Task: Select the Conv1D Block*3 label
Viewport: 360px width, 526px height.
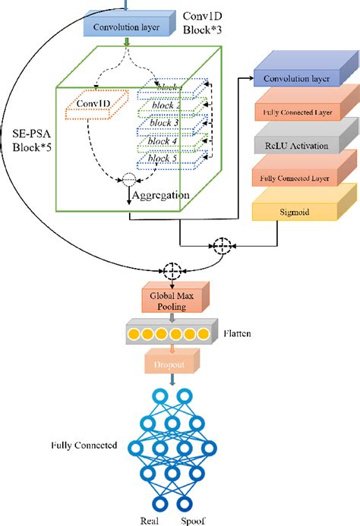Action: pos(208,24)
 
